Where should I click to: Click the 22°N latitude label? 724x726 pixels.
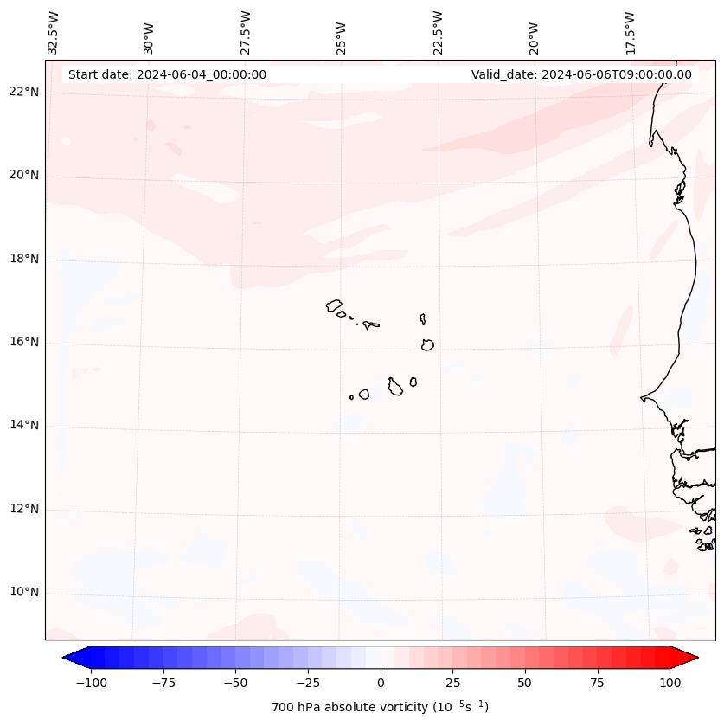pyautogui.click(x=24, y=93)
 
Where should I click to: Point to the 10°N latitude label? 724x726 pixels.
pyautogui.click(x=24, y=593)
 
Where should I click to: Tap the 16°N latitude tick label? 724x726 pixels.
pyautogui.click(x=24, y=343)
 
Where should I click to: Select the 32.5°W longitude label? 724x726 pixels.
pyautogui.click(x=54, y=32)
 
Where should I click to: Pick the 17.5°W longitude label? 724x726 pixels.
pyautogui.click(x=630, y=32)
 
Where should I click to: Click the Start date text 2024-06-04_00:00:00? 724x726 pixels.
pyautogui.click(x=167, y=74)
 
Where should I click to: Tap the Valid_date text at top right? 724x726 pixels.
pyautogui.click(x=581, y=74)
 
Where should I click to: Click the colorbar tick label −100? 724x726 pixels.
pyautogui.click(x=91, y=683)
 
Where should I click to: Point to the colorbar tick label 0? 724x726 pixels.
pyautogui.click(x=381, y=683)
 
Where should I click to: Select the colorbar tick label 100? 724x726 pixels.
pyautogui.click(x=670, y=683)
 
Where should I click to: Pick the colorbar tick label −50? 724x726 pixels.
pyautogui.click(x=235, y=683)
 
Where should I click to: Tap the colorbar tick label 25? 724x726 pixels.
pyautogui.click(x=452, y=683)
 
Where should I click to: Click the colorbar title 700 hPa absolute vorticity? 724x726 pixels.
pyautogui.click(x=380, y=707)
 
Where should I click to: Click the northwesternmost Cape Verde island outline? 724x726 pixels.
pyautogui.click(x=334, y=305)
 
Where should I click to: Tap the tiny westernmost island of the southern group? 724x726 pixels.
pyautogui.click(x=351, y=398)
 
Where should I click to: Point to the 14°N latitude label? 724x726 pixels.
pyautogui.click(x=24, y=426)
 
